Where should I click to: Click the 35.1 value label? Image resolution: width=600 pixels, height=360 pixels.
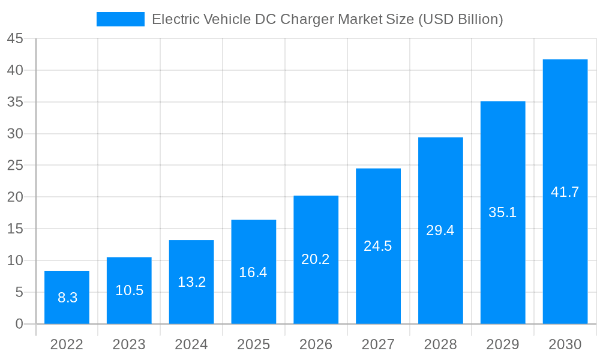502,212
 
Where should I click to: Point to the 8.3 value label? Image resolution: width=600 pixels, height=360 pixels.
67,298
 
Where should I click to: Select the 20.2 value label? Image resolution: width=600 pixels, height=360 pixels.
316,259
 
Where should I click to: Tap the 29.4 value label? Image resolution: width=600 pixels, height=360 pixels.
440,230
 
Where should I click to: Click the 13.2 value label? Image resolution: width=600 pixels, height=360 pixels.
191,282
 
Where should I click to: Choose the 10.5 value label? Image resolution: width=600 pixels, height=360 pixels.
129,290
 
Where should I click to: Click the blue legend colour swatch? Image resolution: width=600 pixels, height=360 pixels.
120,19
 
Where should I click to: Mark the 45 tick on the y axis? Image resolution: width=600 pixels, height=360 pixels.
15,39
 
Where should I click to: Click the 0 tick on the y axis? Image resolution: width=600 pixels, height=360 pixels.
19,324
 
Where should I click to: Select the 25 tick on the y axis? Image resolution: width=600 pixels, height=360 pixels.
15,166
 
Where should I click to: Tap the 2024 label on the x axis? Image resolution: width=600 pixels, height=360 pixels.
191,344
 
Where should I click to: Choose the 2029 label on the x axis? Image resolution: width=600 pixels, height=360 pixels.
502,344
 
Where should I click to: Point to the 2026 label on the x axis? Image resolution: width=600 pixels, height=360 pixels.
316,344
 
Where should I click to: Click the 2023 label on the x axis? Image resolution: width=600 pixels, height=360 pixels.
129,344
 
